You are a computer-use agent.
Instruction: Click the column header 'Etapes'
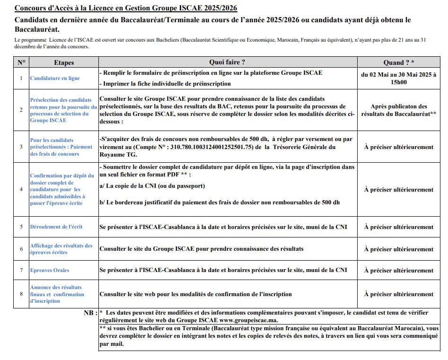pos(64,62)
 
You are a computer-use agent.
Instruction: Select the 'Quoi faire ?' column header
pos(227,62)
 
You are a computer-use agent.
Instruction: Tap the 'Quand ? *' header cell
pos(398,62)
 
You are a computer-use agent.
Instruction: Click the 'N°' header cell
pos(21,62)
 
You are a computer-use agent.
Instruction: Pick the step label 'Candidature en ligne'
pos(55,78)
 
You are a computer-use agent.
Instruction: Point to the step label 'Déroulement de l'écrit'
pos(56,227)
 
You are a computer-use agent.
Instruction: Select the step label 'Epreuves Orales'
pos(50,270)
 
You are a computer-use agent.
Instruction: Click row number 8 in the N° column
pos(21,294)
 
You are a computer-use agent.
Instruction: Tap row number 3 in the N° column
pos(21,147)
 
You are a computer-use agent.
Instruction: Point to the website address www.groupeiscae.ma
pos(251,320)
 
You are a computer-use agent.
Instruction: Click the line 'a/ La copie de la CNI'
pos(152,186)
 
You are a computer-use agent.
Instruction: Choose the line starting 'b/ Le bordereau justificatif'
pos(220,202)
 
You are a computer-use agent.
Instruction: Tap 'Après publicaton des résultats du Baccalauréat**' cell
pos(398,110)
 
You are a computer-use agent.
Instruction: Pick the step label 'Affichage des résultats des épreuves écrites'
pos(61,249)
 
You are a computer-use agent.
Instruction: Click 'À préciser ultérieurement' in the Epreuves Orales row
pos(398,271)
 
